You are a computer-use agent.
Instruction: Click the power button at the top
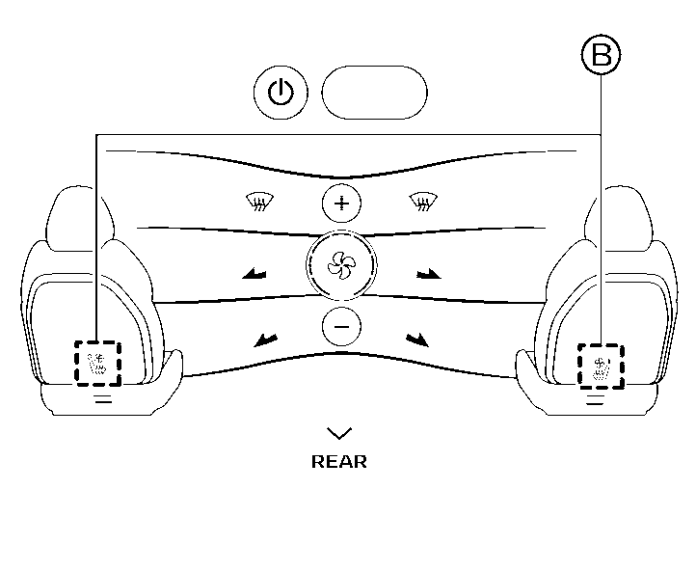[x=281, y=93]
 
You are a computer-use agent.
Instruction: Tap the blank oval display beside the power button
[x=374, y=93]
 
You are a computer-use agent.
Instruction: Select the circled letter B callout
[x=601, y=55]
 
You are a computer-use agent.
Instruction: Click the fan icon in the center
[x=339, y=266]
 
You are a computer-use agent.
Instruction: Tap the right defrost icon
[x=421, y=202]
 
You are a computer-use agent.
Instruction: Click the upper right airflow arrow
[x=428, y=275]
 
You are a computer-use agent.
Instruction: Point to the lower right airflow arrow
[x=417, y=338]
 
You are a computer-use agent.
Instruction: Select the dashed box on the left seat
[x=97, y=364]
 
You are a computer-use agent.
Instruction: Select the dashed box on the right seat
[x=601, y=366]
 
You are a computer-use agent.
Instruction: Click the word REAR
[x=339, y=462]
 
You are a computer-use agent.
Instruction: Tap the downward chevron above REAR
[x=339, y=433]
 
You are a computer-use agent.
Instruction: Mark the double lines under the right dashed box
[x=596, y=398]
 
